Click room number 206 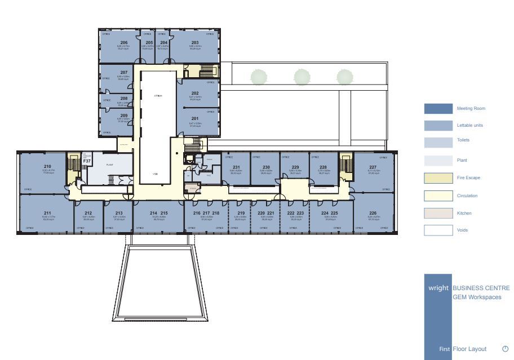point(123,43)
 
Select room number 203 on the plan point(195,43)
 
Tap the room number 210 point(47,166)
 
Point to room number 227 point(373,167)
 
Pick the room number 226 point(373,214)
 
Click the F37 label point(87,161)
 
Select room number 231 point(236,167)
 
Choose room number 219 point(241,214)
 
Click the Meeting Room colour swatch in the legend point(438,109)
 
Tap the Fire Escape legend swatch point(438,178)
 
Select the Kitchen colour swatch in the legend point(438,214)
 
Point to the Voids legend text point(462,230)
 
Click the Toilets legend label point(463,140)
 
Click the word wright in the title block point(438,288)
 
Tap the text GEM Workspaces point(477,297)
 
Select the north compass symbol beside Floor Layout point(505,349)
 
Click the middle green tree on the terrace point(302,77)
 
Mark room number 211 point(47,214)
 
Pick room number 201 point(195,118)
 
